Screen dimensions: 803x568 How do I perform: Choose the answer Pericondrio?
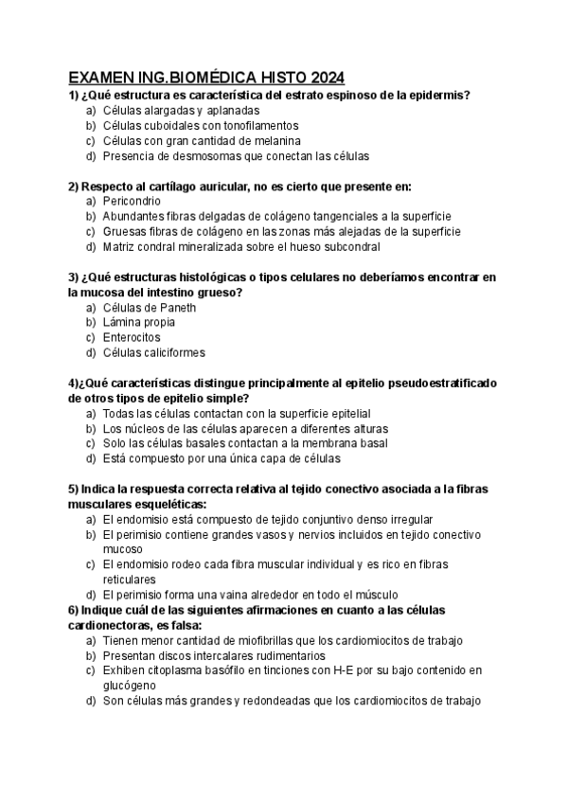(133, 201)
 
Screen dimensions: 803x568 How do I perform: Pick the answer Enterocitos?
(132, 337)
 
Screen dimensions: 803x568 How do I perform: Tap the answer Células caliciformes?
(153, 352)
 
